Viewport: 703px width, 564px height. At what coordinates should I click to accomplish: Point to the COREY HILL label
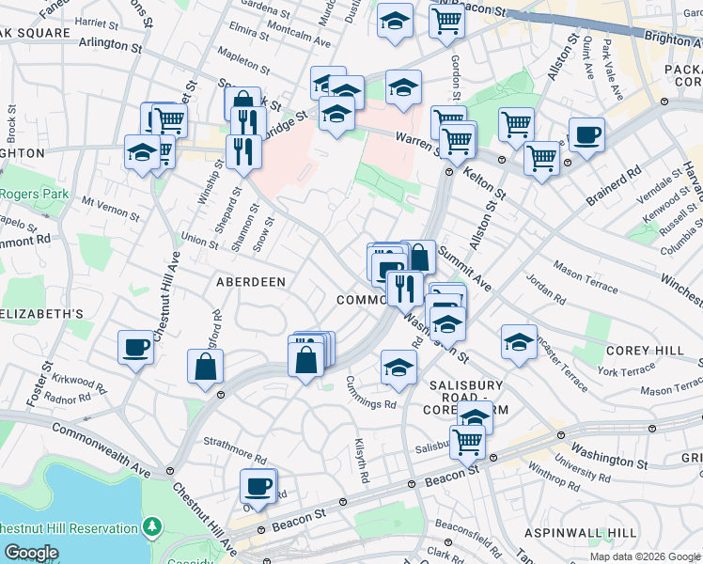(645, 350)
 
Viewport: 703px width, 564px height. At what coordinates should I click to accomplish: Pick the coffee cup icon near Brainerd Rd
(587, 135)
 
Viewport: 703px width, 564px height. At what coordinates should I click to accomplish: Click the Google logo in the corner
(31, 554)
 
